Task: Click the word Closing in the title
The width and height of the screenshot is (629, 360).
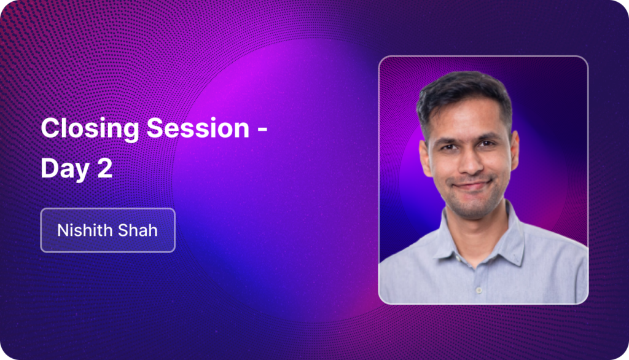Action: tap(90, 129)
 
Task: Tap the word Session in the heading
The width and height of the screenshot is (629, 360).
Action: tap(198, 128)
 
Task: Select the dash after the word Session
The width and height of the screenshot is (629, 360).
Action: tap(262, 130)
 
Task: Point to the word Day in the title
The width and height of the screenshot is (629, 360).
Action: tap(65, 168)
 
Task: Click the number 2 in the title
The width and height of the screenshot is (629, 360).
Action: tap(104, 167)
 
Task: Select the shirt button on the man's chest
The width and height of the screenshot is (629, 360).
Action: tap(478, 290)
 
